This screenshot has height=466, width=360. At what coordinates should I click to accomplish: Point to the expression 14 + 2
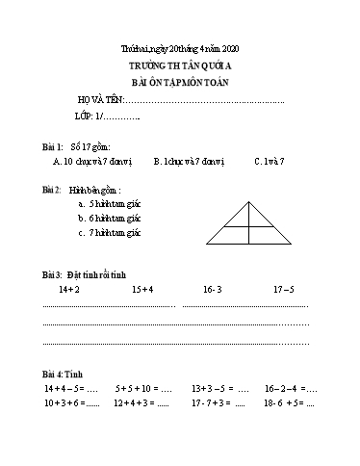68,288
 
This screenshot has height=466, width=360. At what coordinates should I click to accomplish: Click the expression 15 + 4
142,288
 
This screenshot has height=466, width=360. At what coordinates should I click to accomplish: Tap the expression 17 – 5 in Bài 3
283,288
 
